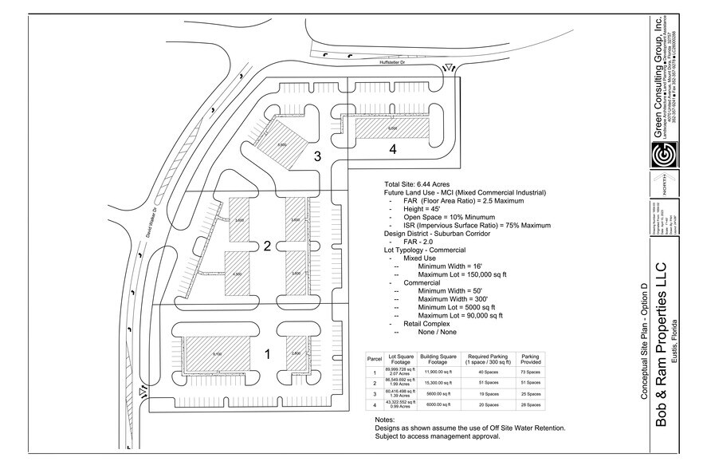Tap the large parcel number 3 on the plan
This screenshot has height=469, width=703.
[317, 156]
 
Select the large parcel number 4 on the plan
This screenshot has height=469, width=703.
[392, 148]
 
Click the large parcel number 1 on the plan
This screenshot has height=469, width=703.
[268, 356]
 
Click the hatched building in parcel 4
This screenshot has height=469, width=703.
[391, 128]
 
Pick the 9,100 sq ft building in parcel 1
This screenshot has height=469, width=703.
[217, 353]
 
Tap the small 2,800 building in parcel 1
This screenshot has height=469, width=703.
[296, 353]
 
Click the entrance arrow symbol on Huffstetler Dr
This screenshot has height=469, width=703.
[448, 69]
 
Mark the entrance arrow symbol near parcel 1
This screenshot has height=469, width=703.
[143, 392]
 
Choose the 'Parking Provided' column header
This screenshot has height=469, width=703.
[530, 360]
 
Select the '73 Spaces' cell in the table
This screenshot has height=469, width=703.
[530, 372]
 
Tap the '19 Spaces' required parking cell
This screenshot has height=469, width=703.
[484, 394]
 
